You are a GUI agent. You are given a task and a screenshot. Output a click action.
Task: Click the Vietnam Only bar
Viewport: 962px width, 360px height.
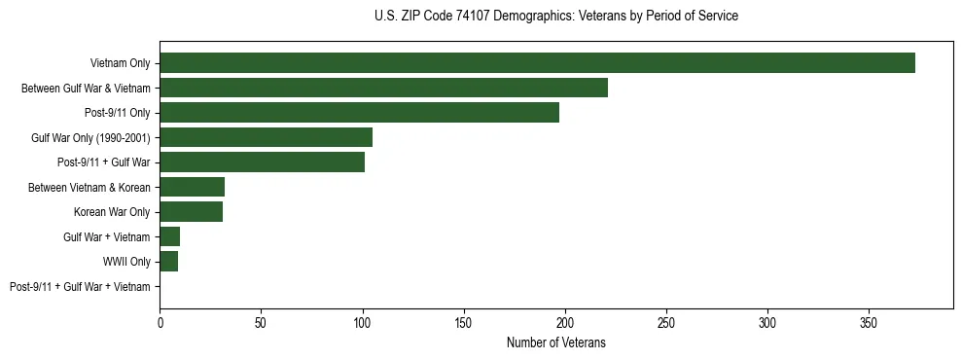coord(537,63)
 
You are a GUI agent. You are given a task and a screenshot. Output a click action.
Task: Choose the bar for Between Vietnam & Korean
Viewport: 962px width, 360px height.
coord(192,187)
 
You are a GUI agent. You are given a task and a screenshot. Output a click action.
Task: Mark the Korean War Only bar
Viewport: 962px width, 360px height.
coord(191,212)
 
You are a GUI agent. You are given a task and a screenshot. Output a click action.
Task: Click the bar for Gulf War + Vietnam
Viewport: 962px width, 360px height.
coord(169,236)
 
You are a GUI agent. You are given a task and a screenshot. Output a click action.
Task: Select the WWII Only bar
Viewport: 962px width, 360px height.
coord(168,262)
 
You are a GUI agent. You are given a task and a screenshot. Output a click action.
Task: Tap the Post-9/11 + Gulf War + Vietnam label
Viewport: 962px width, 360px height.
coord(80,287)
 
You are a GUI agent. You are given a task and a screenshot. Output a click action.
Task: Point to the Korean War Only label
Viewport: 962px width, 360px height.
coord(112,212)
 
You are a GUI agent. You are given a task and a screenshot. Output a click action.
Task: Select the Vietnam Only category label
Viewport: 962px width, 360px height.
coord(120,63)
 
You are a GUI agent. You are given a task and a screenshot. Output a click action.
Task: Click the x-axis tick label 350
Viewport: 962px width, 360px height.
coord(869,322)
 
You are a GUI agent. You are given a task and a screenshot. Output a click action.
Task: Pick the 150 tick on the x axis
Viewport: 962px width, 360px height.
coord(464,322)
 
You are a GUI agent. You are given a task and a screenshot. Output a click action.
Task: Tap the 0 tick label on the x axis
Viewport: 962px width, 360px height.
coord(160,322)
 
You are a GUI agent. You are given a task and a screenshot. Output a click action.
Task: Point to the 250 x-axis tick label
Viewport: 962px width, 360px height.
coord(666,322)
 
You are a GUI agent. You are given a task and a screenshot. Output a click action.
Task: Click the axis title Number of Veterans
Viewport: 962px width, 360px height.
coord(555,342)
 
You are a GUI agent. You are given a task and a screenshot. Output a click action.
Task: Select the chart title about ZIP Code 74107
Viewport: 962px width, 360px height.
coord(555,17)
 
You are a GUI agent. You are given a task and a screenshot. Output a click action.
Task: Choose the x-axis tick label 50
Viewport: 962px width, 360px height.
coord(261,322)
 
